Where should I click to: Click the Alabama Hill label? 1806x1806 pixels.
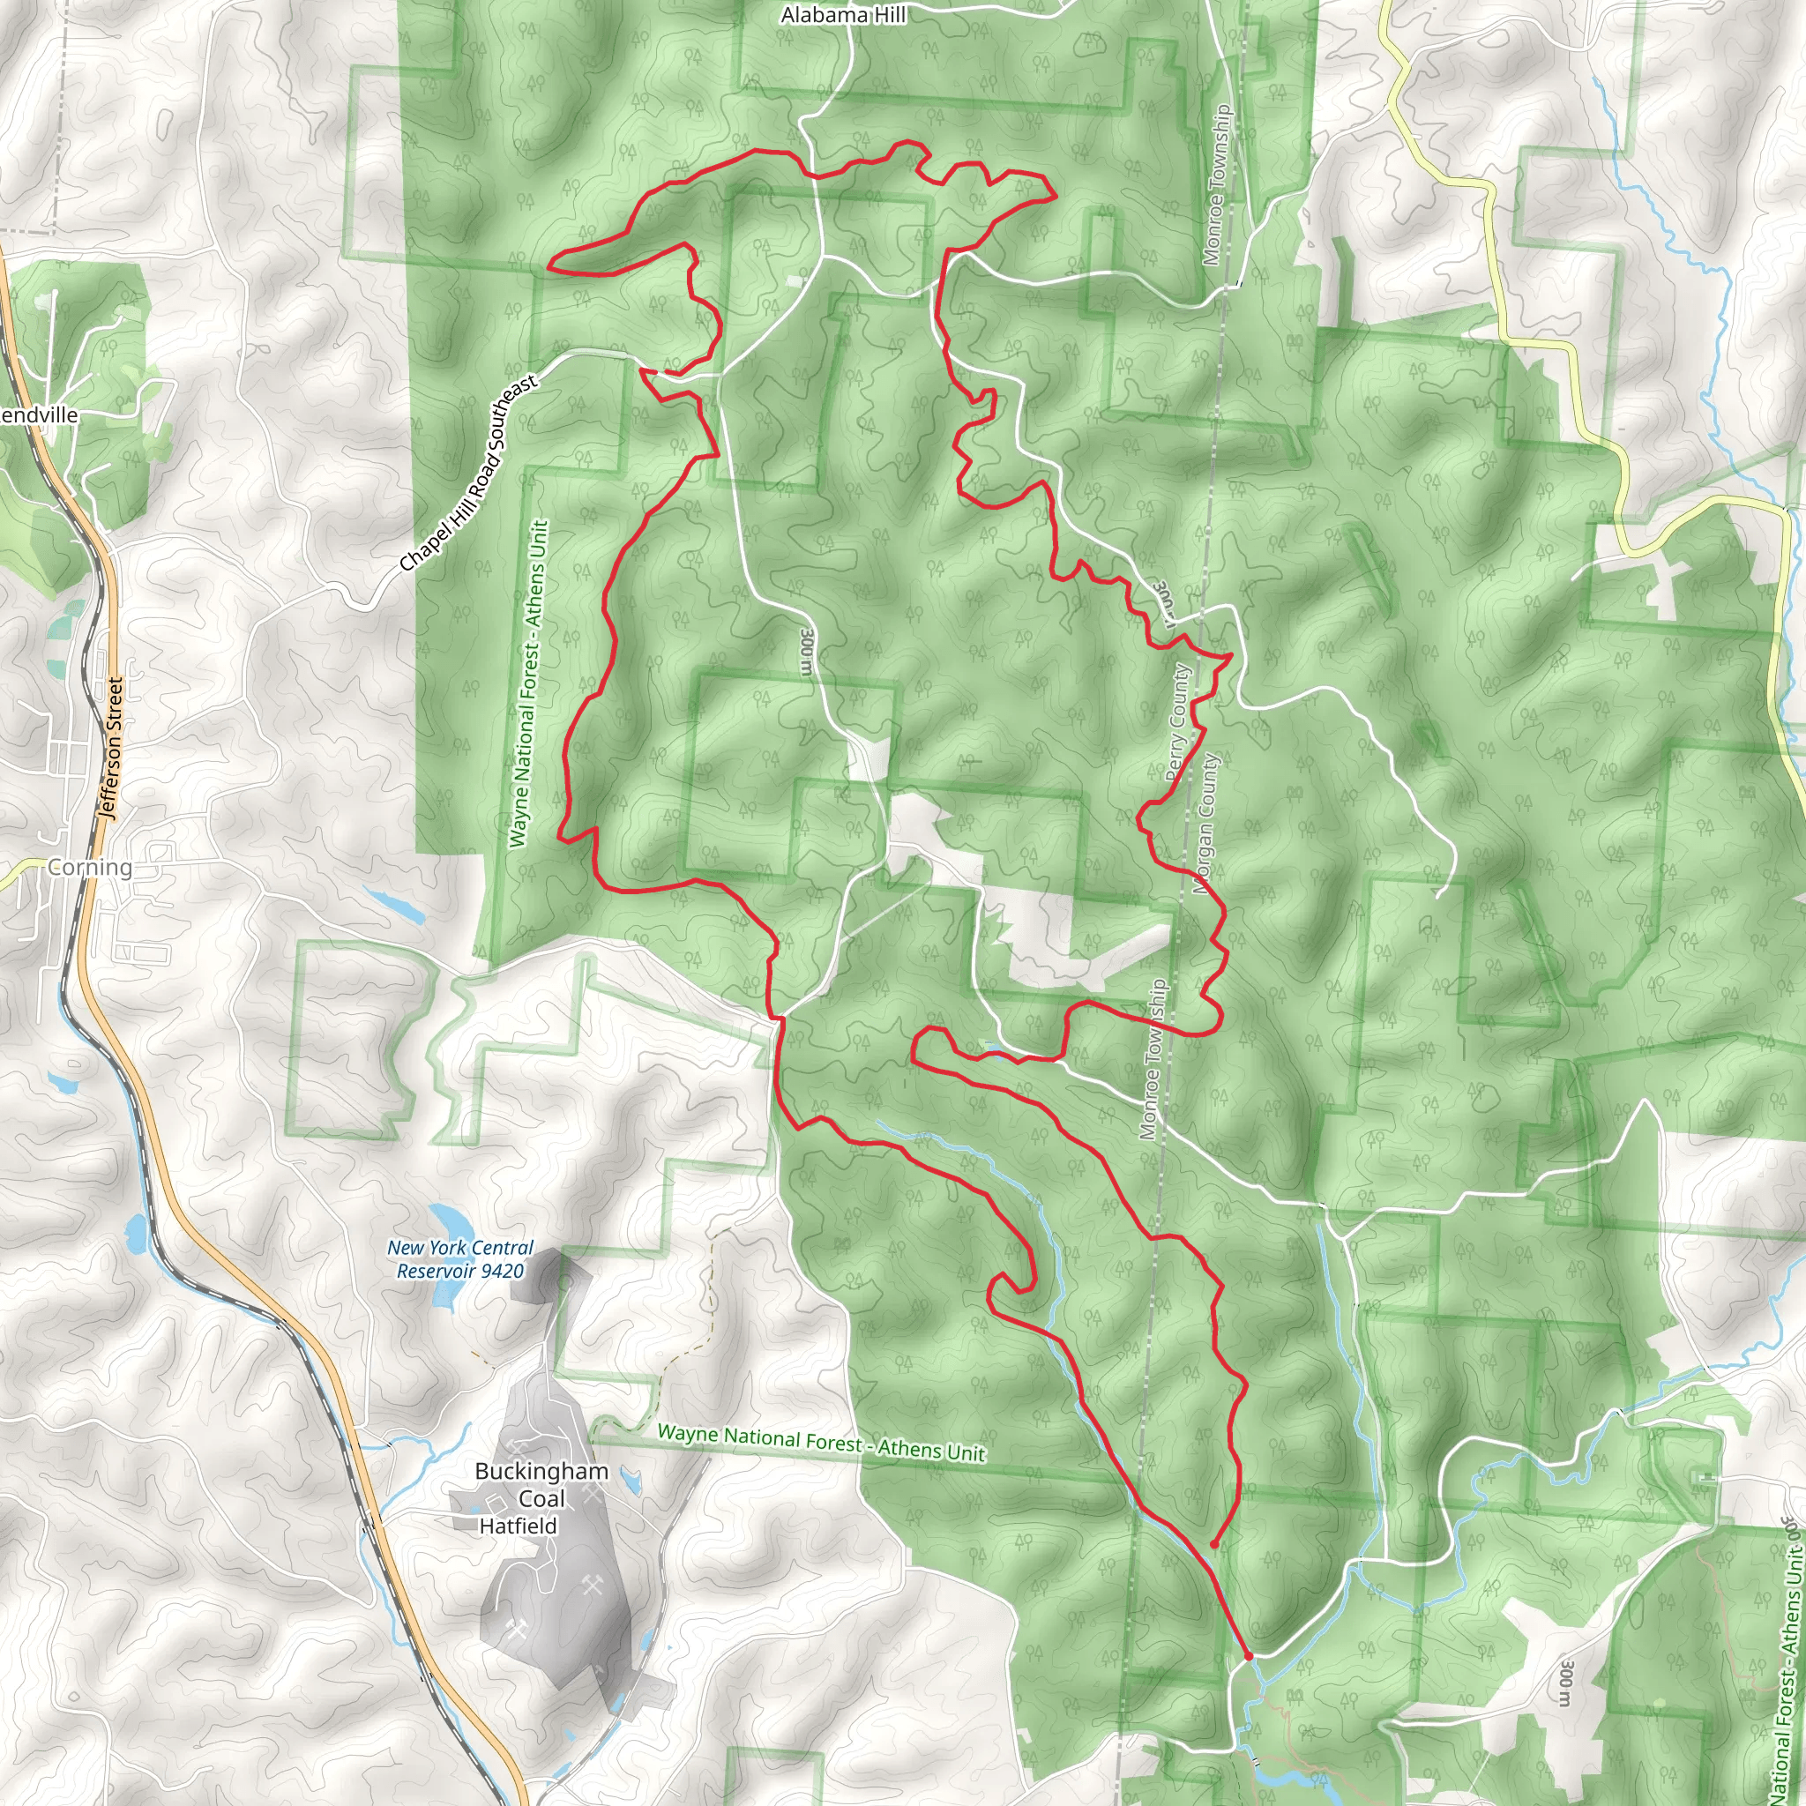843,15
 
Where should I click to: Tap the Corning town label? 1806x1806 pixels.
90,868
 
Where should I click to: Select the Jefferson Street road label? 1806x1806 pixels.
111,749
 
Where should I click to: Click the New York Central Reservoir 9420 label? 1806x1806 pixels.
460,1259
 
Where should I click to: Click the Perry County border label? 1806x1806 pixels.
1178,722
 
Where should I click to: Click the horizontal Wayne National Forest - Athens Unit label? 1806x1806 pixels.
821,1443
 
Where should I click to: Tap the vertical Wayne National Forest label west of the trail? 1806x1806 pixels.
528,683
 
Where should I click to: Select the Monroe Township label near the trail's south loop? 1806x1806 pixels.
1153,1060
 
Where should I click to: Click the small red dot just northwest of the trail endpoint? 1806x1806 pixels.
1213,1544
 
